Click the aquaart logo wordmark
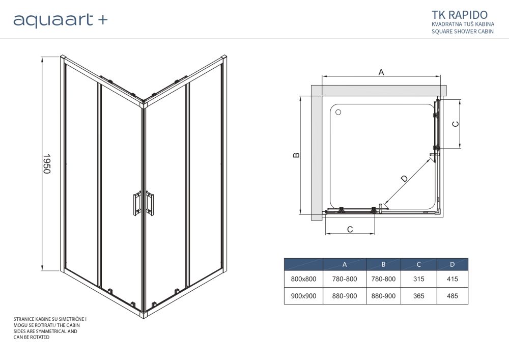pyautogui.click(x=53, y=20)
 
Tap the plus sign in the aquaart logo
pyautogui.click(x=102, y=20)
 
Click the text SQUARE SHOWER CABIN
pyautogui.click(x=463, y=32)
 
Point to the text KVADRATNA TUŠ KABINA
pyautogui.click(x=463, y=24)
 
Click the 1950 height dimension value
pyautogui.click(x=46, y=164)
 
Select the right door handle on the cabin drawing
pyautogui.click(x=150, y=202)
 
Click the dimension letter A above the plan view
pyautogui.click(x=381, y=72)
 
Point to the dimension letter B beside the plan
pyautogui.click(x=296, y=155)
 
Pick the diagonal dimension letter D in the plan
pyautogui.click(x=404, y=179)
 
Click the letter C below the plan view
pyautogui.click(x=350, y=230)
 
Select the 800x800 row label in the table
pyautogui.click(x=303, y=279)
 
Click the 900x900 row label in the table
pyautogui.click(x=303, y=296)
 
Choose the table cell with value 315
pyautogui.click(x=418, y=279)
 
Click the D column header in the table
pyautogui.click(x=452, y=264)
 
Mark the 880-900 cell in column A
pyautogui.click(x=345, y=296)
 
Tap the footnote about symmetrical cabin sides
pyautogui.click(x=49, y=328)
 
